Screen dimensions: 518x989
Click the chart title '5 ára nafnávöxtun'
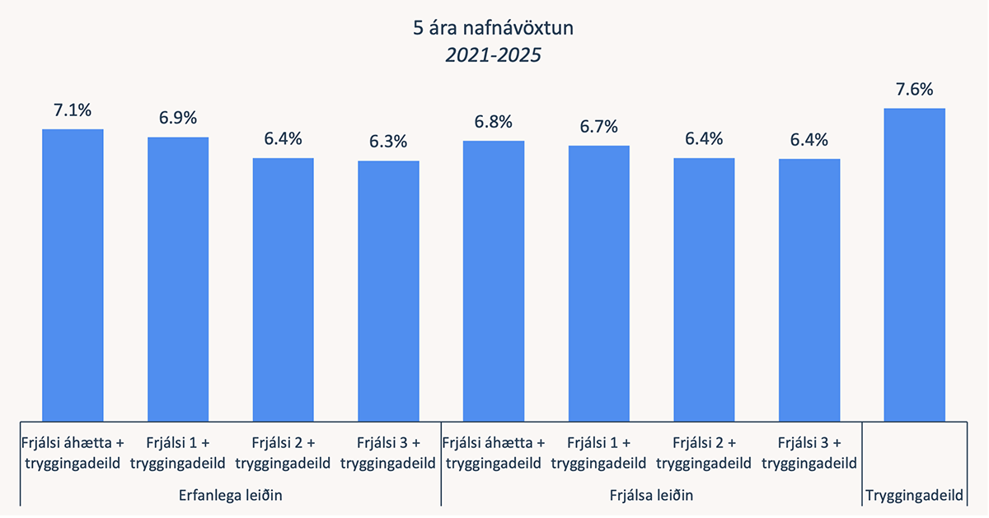click(x=494, y=30)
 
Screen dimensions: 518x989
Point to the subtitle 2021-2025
click(x=494, y=56)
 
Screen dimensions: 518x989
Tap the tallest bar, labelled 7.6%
click(x=914, y=264)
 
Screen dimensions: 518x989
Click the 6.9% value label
click(x=178, y=118)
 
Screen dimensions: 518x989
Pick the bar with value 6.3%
click(x=388, y=290)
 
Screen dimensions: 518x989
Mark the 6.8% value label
click(x=494, y=122)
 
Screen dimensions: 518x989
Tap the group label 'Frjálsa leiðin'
click(x=651, y=496)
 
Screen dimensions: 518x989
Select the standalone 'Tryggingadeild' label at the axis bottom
click(x=914, y=496)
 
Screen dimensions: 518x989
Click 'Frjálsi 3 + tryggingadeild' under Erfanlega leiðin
click(x=388, y=452)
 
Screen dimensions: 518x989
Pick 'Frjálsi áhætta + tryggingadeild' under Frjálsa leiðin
click(x=494, y=452)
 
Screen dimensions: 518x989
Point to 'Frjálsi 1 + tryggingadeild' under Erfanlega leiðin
click(x=178, y=452)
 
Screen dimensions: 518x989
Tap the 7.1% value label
click(x=73, y=110)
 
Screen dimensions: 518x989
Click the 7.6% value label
click(x=914, y=89)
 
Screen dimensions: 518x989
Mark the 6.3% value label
click(x=388, y=142)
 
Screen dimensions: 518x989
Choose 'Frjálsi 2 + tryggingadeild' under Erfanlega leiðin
click(x=283, y=452)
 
